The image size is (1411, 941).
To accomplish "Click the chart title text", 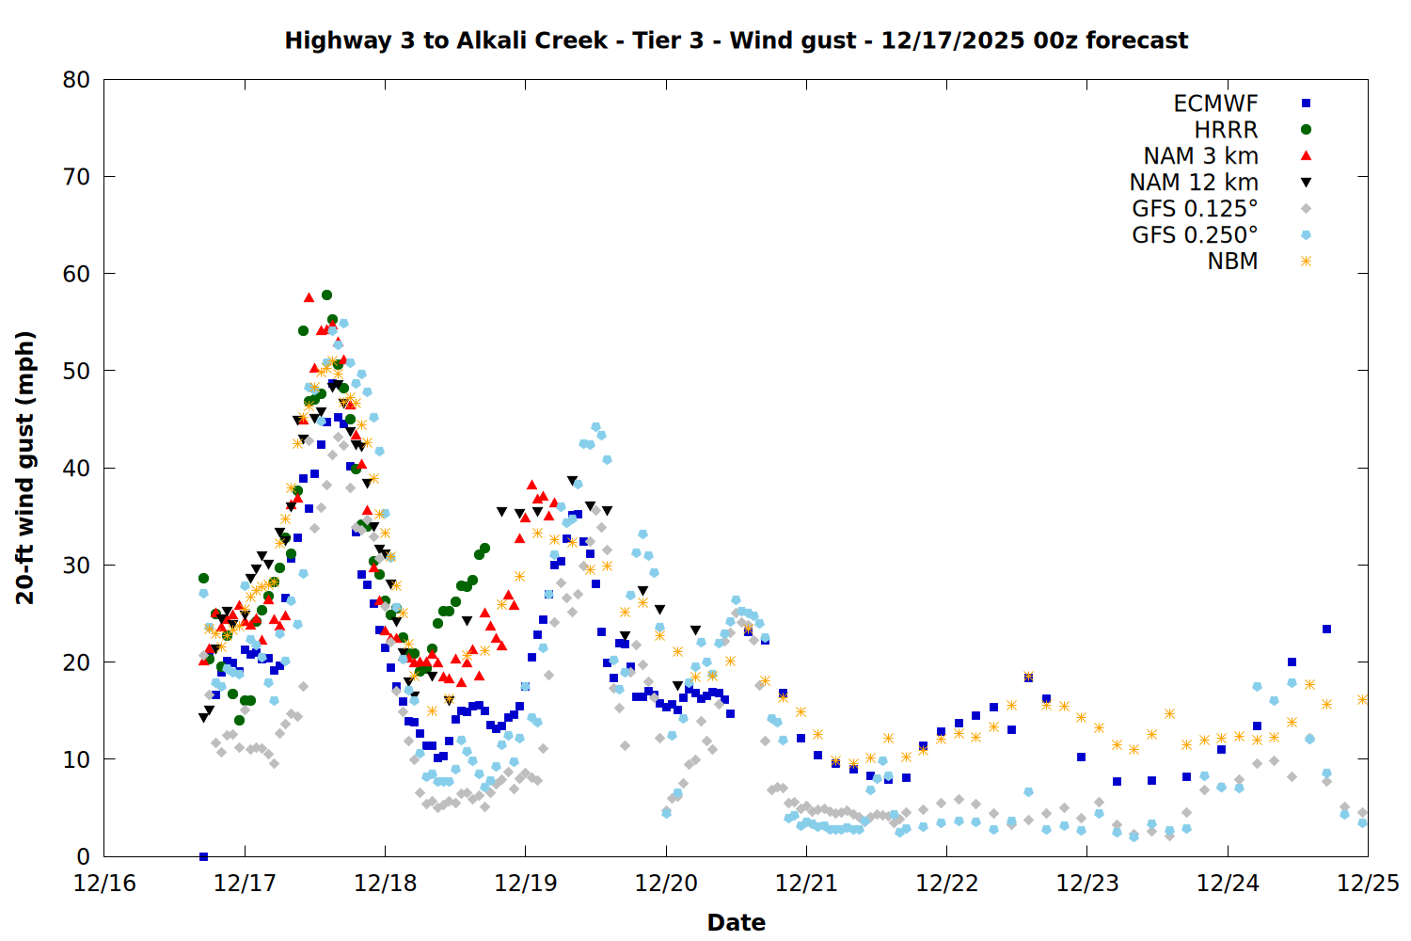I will pos(736,40).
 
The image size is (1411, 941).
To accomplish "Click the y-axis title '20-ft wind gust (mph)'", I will pos(25,468).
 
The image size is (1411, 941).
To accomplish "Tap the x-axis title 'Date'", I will pos(736,922).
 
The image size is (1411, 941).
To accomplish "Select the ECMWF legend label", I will pos(1215,104).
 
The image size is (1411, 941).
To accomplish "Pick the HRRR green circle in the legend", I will pos(1306,130).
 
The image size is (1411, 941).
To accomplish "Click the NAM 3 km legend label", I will pos(1200,156).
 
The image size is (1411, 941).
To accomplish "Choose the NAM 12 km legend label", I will pos(1194,183).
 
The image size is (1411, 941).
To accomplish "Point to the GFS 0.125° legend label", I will pos(1195,209).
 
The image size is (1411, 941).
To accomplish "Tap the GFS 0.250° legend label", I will pos(1195,235).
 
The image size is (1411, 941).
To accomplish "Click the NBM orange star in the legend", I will pos(1306,262).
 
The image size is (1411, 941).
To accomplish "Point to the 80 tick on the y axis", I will pos(76,80).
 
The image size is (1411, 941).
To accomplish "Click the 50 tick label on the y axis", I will pos(76,371).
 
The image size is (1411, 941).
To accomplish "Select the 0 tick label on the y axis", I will pos(84,856).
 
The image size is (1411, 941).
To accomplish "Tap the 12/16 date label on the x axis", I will pos(104,884).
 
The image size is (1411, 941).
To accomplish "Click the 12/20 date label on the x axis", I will pos(666,884).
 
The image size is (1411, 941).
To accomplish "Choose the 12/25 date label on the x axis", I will pos(1368,884).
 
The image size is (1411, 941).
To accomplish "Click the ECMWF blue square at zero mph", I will pos(203,856).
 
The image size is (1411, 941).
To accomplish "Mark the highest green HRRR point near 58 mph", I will pos(326,295).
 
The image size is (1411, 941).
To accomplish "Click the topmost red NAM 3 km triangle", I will pos(309,297).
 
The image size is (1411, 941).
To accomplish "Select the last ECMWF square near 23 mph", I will pos(1326,629).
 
